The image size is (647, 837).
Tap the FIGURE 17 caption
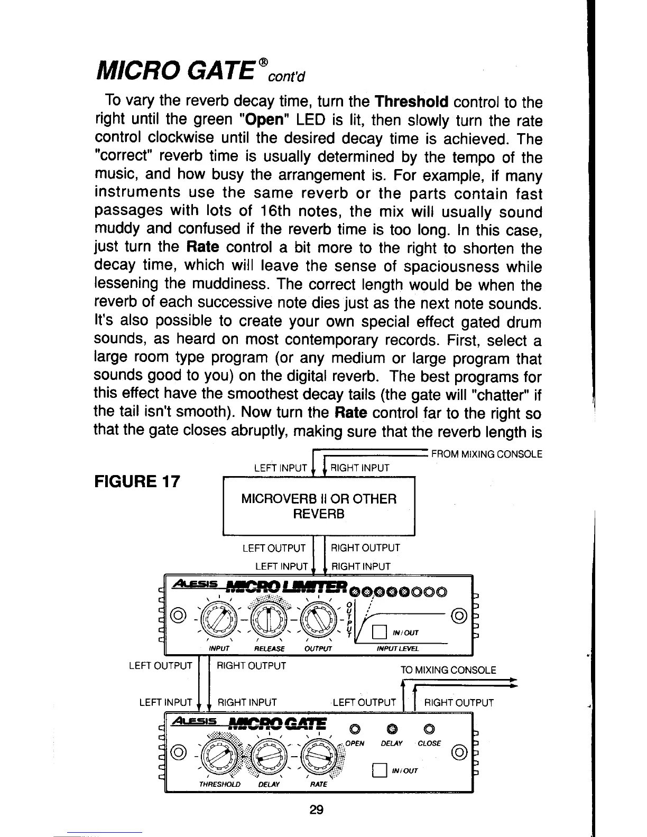[x=137, y=481]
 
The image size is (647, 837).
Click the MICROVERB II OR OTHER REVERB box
[x=319, y=506]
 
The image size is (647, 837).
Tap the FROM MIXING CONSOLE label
[x=487, y=454]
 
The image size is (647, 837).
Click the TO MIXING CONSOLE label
[x=448, y=670]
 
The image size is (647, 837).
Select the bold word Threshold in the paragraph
[x=411, y=101]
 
